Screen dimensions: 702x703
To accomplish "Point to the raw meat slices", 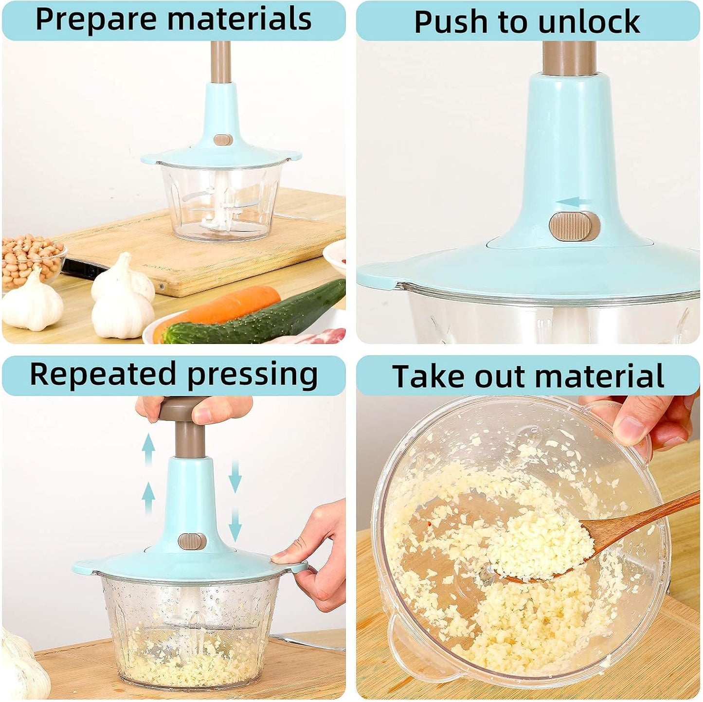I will tap(321, 336).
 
